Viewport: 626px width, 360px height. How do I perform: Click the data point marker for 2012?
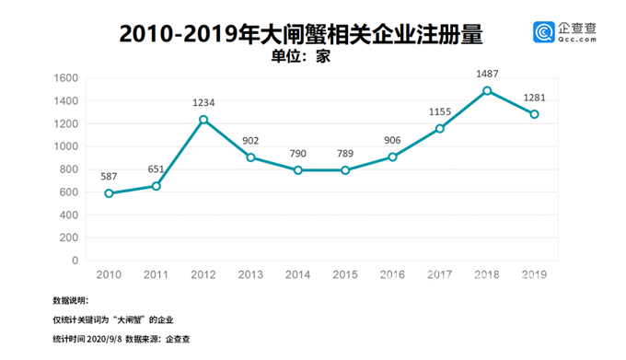click(203, 120)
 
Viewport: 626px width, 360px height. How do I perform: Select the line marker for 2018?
click(487, 91)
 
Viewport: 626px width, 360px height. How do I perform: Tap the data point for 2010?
click(110, 193)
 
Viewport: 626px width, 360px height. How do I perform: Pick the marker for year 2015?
click(345, 170)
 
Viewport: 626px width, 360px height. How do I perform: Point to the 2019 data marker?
click(534, 114)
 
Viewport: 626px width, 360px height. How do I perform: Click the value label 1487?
click(487, 73)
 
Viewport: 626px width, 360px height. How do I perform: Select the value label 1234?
click(203, 101)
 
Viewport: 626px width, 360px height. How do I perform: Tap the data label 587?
click(110, 175)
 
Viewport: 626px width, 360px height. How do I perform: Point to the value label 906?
click(392, 139)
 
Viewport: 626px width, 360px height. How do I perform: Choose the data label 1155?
click(440, 111)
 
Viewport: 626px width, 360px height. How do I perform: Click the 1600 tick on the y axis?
click(65, 78)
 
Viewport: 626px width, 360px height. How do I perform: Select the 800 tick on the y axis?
click(68, 169)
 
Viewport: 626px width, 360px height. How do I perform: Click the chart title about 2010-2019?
click(301, 33)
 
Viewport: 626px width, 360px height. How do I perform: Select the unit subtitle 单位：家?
click(300, 55)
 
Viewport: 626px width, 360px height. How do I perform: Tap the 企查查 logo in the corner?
click(565, 33)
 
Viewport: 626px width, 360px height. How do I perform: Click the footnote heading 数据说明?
click(71, 300)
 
